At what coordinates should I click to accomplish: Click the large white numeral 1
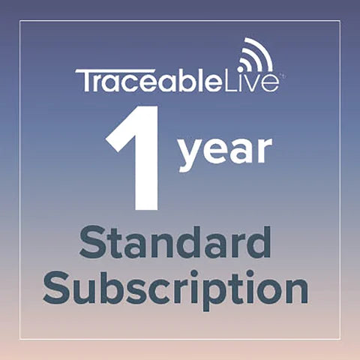tap(137, 159)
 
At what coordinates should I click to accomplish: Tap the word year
tap(224, 151)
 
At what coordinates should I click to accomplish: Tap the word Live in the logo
tap(254, 79)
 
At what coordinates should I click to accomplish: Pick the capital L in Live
tap(235, 79)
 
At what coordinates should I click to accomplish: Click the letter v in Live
tap(257, 82)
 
